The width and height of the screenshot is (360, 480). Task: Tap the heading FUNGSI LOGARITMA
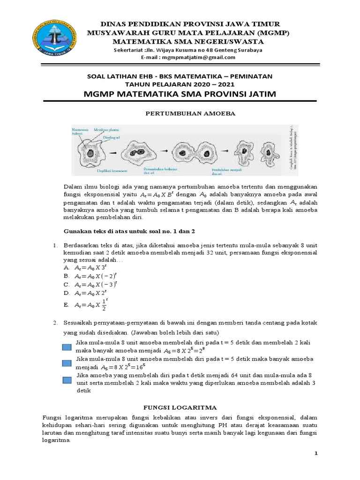click(x=180, y=408)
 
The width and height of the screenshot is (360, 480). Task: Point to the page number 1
click(x=316, y=453)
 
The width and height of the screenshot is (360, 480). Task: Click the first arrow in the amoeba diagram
click(x=112, y=152)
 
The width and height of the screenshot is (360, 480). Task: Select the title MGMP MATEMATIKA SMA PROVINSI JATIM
click(x=180, y=94)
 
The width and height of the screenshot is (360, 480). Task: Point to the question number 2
click(x=55, y=323)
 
